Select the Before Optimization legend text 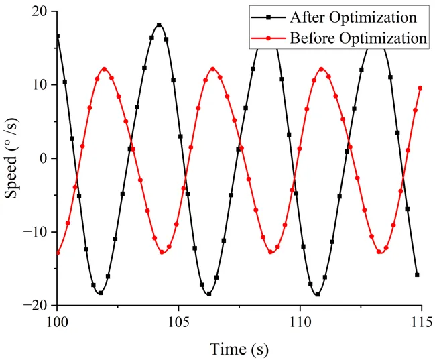pos(358,38)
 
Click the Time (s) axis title pos(239,348)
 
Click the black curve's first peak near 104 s pos(160,25)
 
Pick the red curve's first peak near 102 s pos(105,68)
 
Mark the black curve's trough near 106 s pos(209,294)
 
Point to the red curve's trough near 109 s pos(271,252)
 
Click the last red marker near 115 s pos(420,88)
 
